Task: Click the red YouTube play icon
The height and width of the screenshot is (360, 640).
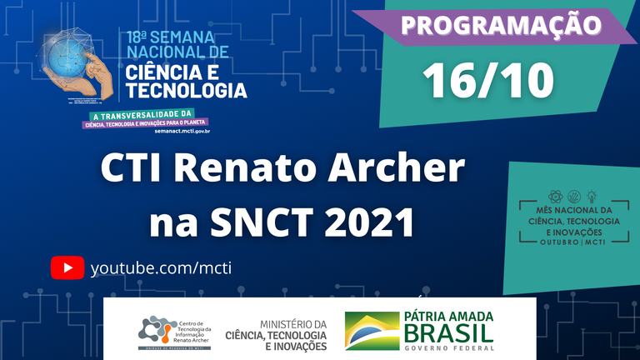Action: pos(67,267)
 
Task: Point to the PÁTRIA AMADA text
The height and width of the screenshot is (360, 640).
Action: pos(448,316)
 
